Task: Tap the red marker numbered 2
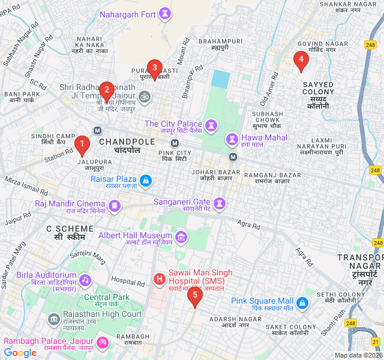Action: pos(106,91)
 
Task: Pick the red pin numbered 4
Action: pos(301,59)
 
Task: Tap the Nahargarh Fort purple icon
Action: pos(164,14)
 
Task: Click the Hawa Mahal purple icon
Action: pos(232,139)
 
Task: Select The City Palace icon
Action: pos(210,125)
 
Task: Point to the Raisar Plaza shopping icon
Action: pos(145,180)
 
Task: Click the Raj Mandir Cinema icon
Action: pos(114,206)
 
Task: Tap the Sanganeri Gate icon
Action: pos(220,203)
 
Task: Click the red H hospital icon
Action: pos(159,278)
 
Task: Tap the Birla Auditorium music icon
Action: pos(85,280)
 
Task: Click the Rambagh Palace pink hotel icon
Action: pos(103,342)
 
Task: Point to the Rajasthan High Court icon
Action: pos(54,317)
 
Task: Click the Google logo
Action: pos(20,353)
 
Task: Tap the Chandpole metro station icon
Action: pos(97,131)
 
